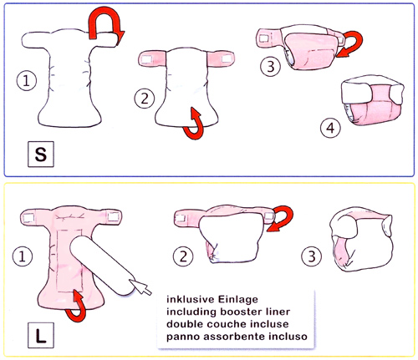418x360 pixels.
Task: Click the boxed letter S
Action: pyautogui.click(x=41, y=154)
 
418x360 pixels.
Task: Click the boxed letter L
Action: pyautogui.click(x=41, y=335)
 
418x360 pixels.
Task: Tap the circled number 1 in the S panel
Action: pyautogui.click(x=27, y=81)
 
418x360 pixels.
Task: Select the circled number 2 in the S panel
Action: pyautogui.click(x=145, y=99)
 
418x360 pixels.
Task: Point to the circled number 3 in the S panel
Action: pyautogui.click(x=270, y=67)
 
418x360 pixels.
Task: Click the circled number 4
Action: pyautogui.click(x=330, y=128)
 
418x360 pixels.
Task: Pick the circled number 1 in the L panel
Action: pyautogui.click(x=23, y=256)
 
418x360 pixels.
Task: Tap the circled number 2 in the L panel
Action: pyautogui.click(x=183, y=256)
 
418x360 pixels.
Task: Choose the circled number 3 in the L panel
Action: pyautogui.click(x=312, y=256)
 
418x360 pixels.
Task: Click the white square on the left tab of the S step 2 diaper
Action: pyautogui.click(x=146, y=59)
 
